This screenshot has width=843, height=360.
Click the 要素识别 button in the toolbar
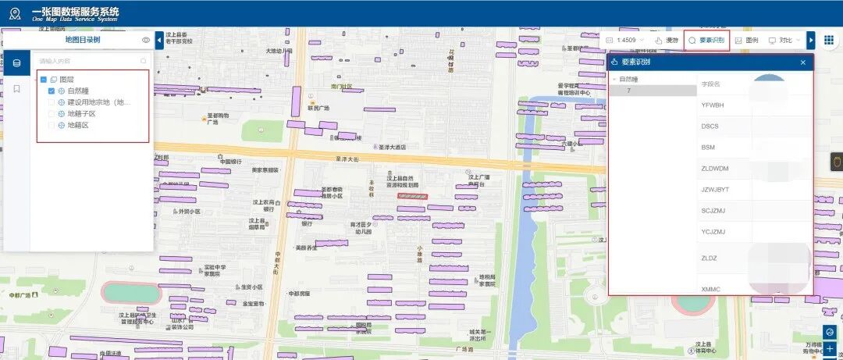(707, 40)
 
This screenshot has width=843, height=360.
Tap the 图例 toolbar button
(746, 40)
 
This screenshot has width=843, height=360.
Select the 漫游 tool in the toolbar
(667, 40)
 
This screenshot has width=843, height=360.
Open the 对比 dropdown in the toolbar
(784, 40)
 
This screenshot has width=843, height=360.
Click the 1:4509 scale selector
(625, 40)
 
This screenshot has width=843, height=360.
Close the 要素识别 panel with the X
(802, 62)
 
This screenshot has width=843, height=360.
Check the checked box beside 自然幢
(52, 91)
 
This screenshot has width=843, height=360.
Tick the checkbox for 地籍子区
(52, 113)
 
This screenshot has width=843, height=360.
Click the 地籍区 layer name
(78, 125)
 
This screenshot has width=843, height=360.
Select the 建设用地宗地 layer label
(97, 102)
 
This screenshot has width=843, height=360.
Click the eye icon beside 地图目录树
(146, 40)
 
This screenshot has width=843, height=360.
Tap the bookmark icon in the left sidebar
(16, 89)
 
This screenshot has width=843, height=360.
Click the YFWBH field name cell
(713, 105)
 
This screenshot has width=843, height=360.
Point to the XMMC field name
(711, 289)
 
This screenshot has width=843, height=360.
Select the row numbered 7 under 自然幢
(629, 91)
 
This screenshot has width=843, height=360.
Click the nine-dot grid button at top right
(829, 40)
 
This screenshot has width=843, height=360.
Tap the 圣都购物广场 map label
(218, 119)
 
